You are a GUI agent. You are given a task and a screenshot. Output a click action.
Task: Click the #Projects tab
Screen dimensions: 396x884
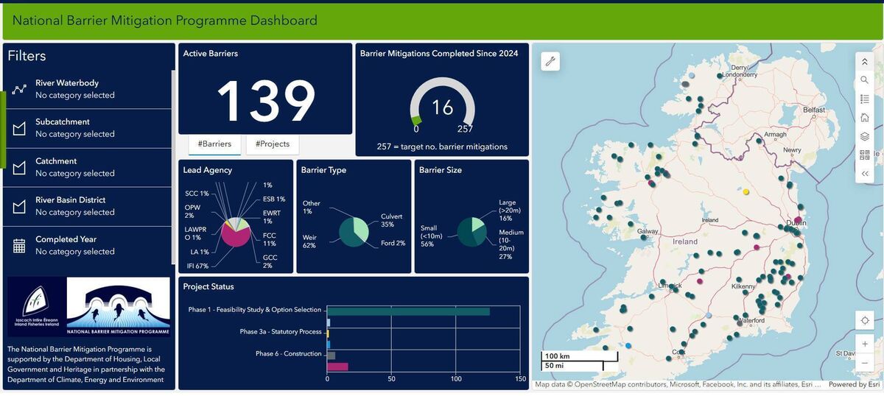[x=273, y=144]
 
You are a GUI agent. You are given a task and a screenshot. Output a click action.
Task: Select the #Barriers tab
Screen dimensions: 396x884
[x=214, y=144]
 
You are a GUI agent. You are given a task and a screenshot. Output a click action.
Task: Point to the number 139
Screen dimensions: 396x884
[x=266, y=100]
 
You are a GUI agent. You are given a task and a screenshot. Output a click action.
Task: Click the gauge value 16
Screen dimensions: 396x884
[x=442, y=107]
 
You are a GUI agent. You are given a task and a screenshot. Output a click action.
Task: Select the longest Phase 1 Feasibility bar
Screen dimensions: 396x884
[x=408, y=311]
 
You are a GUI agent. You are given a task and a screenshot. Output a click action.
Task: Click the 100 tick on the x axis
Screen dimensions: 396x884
[x=456, y=379]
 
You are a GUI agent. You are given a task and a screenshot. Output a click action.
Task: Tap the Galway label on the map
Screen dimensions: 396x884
[x=648, y=231]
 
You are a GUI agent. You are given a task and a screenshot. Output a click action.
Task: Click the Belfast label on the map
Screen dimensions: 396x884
[x=814, y=110]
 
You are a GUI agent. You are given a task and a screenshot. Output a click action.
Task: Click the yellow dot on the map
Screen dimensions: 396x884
[x=746, y=192]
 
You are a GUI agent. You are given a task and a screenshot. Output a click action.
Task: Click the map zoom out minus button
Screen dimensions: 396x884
[x=864, y=364]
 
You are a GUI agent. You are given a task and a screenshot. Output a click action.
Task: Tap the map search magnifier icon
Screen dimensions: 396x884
[x=864, y=79]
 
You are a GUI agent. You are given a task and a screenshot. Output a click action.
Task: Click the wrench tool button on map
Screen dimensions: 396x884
[x=550, y=62]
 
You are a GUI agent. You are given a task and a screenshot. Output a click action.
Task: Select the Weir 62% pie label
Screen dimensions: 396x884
[x=309, y=241]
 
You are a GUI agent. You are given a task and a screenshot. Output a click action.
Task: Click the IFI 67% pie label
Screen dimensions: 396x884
[x=196, y=266]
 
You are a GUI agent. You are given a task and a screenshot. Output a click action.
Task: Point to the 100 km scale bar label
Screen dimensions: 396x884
[x=557, y=356]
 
